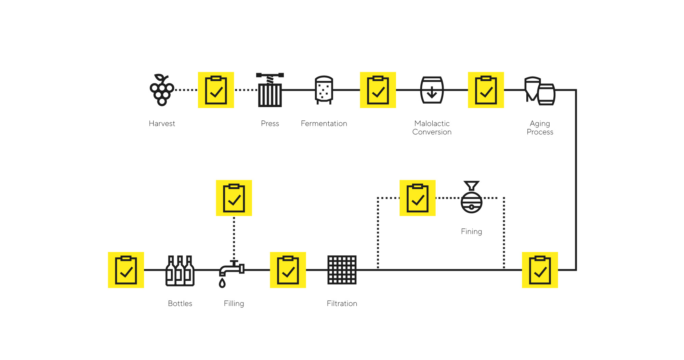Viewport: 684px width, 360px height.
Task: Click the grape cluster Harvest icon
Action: coord(162,90)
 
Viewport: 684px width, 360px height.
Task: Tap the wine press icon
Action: coord(270,90)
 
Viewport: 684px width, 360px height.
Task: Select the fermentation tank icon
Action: coord(324,90)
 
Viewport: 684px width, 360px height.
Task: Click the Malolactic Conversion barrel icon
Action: coord(432,90)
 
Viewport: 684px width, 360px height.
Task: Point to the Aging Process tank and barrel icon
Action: coord(540,91)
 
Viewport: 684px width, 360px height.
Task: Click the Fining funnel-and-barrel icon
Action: coord(471,198)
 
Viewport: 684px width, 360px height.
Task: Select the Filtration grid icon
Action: coord(342,270)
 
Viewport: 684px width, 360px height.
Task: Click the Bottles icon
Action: coord(180,270)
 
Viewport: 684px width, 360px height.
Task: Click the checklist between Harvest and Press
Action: coord(216,90)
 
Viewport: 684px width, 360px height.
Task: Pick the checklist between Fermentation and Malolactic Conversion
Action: coord(378,90)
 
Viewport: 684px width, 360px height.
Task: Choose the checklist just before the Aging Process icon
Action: coord(486,90)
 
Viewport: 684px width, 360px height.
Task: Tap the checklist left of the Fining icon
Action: coord(417,198)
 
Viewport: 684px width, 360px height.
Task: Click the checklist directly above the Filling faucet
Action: coord(234,198)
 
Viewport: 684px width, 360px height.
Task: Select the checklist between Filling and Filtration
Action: coord(288,270)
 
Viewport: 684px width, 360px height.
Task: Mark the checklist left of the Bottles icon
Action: coord(126,270)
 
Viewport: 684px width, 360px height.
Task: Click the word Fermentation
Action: coord(324,123)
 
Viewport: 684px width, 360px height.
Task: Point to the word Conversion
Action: coord(432,132)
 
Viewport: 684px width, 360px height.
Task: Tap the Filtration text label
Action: coord(342,303)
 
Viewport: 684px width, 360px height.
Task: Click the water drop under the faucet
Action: coord(222,283)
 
